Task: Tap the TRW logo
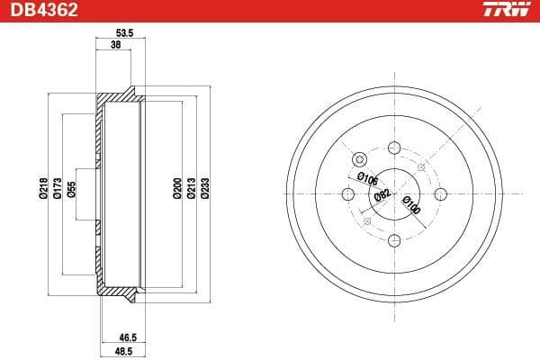tap(508, 11)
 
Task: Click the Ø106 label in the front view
tap(366, 176)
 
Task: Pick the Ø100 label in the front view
tap(410, 204)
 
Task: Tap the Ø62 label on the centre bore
tap(382, 198)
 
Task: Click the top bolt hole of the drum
tap(394, 148)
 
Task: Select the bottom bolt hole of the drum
tap(394, 240)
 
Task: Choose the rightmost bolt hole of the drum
tap(440, 194)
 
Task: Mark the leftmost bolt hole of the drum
tap(348, 194)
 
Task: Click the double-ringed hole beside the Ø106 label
tap(360, 159)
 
